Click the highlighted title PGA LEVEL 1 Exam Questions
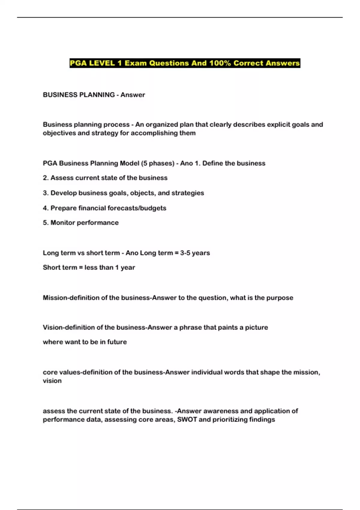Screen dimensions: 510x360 (184, 63)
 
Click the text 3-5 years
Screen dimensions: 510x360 (195, 253)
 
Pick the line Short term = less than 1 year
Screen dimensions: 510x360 (89, 267)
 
